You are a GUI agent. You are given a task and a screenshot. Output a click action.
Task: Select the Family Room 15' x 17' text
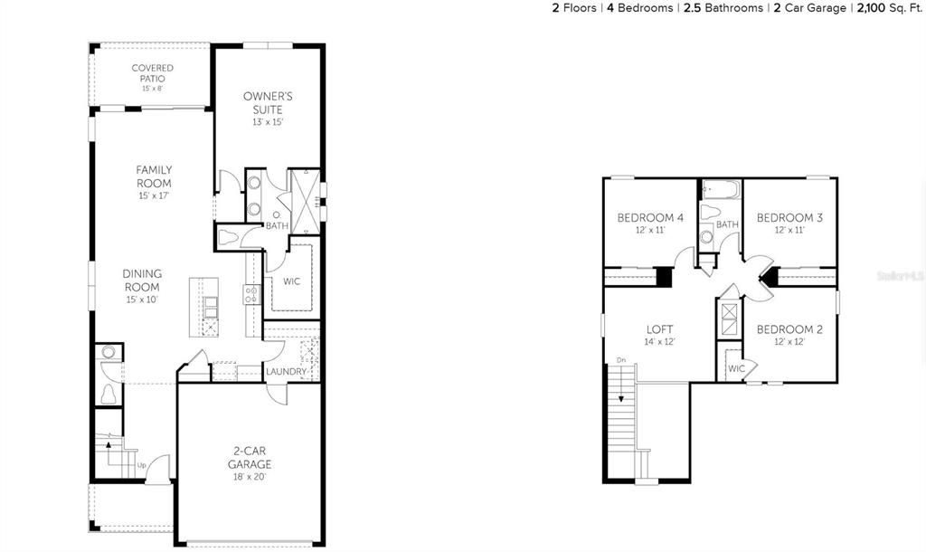[154, 182]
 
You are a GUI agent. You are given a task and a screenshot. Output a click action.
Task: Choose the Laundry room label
[286, 372]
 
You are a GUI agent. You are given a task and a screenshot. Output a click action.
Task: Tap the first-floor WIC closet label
[291, 281]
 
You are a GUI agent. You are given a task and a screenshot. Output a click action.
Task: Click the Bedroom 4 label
[650, 223]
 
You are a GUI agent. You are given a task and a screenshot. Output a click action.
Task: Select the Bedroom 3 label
[789, 223]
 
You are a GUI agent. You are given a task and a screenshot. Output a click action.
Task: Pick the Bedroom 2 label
[789, 335]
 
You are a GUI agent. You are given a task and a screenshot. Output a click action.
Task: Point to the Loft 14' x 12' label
[659, 335]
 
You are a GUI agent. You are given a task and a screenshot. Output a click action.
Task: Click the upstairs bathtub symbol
[721, 191]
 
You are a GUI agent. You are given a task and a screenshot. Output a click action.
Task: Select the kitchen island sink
[210, 308]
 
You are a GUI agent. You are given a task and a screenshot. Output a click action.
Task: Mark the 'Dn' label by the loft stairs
[620, 360]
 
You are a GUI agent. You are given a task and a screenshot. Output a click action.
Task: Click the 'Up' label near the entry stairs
[142, 466]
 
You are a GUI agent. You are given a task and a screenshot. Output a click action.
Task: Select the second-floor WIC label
[735, 368]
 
